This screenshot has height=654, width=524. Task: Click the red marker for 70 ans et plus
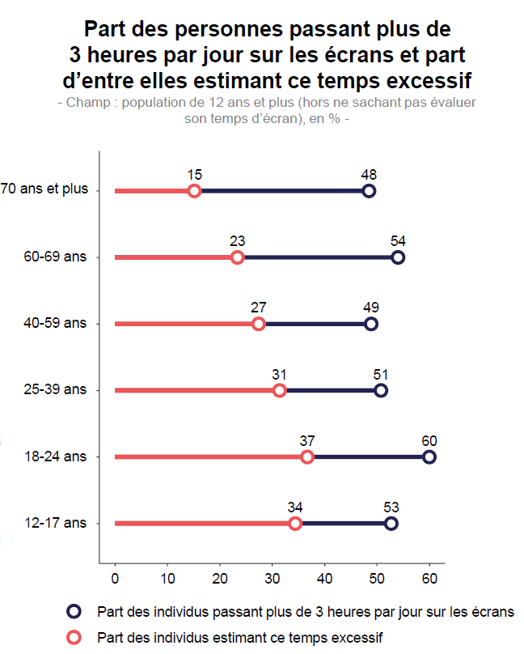(194, 191)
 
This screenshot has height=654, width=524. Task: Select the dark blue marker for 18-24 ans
(429, 457)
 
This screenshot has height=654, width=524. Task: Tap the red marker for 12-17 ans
(295, 524)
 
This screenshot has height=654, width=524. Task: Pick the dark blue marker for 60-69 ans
(398, 257)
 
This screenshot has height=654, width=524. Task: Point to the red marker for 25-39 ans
(280, 391)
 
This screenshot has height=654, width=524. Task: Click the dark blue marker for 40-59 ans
(371, 324)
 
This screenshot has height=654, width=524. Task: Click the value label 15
(194, 174)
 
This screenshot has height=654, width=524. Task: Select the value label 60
(429, 440)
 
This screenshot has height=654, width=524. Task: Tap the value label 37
(306, 440)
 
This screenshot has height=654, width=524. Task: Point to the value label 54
(398, 240)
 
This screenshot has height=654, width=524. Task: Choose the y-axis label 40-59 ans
(56, 324)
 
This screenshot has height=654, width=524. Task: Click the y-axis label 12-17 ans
(56, 524)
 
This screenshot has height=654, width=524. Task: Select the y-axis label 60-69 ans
(56, 257)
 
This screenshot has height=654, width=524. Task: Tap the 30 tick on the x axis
(273, 579)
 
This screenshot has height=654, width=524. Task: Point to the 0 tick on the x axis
(115, 579)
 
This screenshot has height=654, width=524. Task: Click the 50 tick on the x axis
(377, 579)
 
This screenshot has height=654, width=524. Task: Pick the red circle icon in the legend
(74, 637)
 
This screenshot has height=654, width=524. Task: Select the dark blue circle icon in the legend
(74, 611)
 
